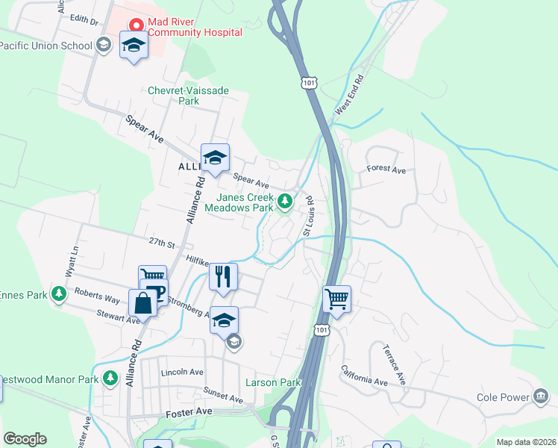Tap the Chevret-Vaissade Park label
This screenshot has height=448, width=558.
[189, 96]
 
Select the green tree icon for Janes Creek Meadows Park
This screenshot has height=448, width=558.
[284, 201]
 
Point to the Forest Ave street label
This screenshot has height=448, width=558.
[386, 170]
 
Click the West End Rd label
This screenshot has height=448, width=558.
[350, 94]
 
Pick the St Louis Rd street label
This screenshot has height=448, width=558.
[307, 217]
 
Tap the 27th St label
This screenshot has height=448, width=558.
[161, 243]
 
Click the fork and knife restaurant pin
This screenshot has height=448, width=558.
[223, 276]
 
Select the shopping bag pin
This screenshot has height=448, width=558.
[142, 303]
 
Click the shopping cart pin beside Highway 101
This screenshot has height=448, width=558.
[336, 299]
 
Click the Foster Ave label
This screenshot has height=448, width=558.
[194, 411]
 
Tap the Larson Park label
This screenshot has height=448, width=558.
[273, 383]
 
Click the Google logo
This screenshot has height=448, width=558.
[25, 439]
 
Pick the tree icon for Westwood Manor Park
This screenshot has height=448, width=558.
[110, 378]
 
